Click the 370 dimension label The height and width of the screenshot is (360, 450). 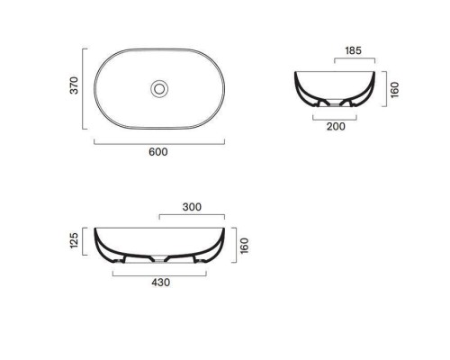pos(74,85)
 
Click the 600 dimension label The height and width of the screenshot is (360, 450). pos(158,152)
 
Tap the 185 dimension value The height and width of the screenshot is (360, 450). pos(353,50)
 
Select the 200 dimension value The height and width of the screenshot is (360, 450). pos(336,127)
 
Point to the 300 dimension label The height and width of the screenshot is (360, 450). pos(192,207)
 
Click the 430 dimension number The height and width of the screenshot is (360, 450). pos(160,283)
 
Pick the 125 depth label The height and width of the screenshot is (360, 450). pos(74,240)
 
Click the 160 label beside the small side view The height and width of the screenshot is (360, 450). pos(395,89)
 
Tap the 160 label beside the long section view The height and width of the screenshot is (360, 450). pos(245,246)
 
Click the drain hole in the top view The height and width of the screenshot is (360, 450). pos(159,89)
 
